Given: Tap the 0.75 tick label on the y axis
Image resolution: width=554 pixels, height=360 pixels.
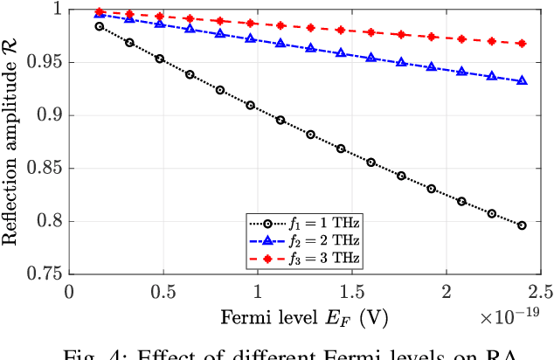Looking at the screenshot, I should [x=45, y=274].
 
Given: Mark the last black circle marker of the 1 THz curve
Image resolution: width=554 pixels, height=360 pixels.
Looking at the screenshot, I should [x=522, y=225].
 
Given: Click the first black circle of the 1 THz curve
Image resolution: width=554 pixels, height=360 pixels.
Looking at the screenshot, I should [x=99, y=26].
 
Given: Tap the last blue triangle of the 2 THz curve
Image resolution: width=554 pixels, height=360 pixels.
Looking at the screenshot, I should [x=522, y=80].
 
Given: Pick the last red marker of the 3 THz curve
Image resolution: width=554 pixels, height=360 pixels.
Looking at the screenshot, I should [x=522, y=43].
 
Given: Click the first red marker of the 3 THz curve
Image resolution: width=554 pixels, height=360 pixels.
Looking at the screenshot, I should [x=99, y=12].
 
